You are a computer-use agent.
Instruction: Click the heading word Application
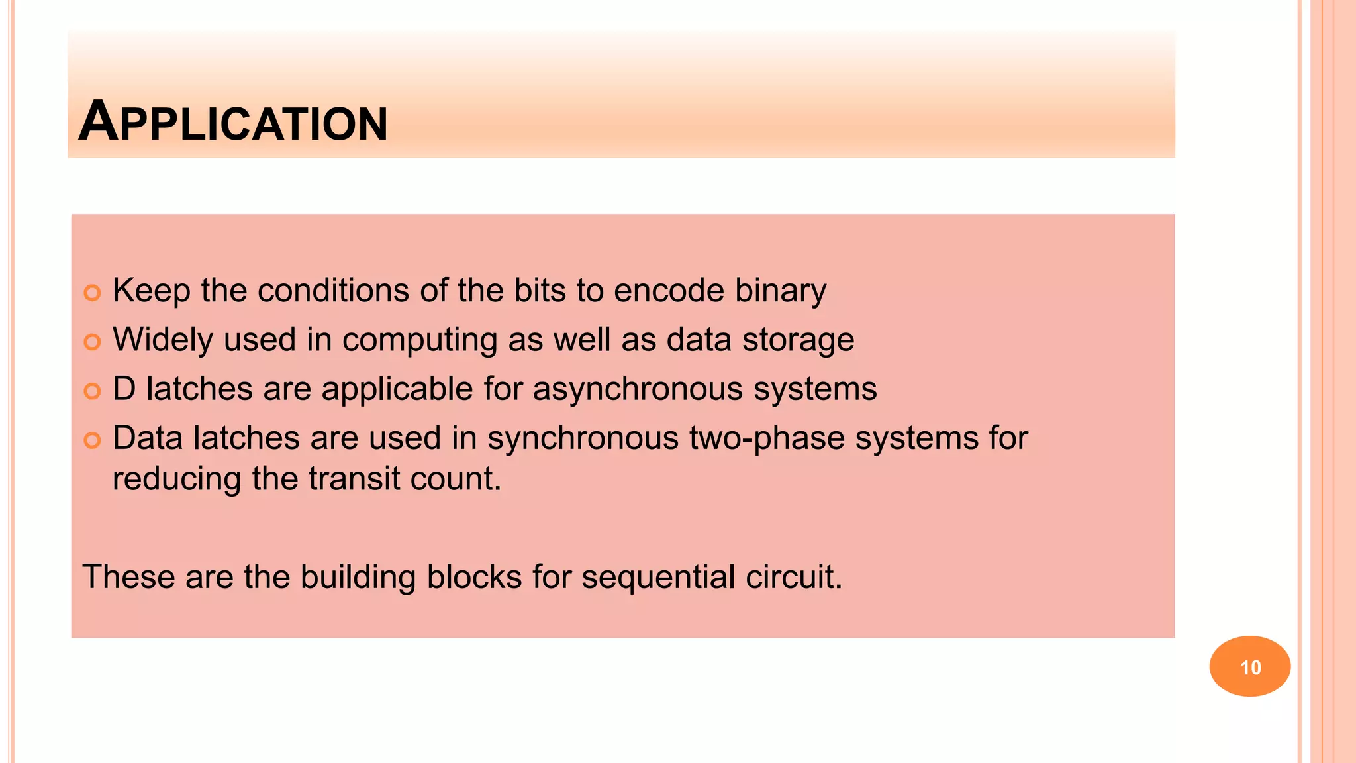coord(233,123)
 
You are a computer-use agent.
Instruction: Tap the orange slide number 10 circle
coord(1249,666)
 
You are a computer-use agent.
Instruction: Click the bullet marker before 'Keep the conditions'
coord(92,293)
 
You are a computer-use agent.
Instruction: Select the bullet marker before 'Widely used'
coord(92,342)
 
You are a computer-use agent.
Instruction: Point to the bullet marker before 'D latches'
coord(92,391)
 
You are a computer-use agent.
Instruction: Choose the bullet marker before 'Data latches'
coord(92,440)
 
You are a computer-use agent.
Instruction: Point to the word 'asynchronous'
coord(638,389)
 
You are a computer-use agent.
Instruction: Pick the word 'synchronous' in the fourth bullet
coord(583,438)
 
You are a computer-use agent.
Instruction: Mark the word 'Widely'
coord(163,340)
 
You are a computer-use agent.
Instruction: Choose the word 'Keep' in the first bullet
coord(152,291)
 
